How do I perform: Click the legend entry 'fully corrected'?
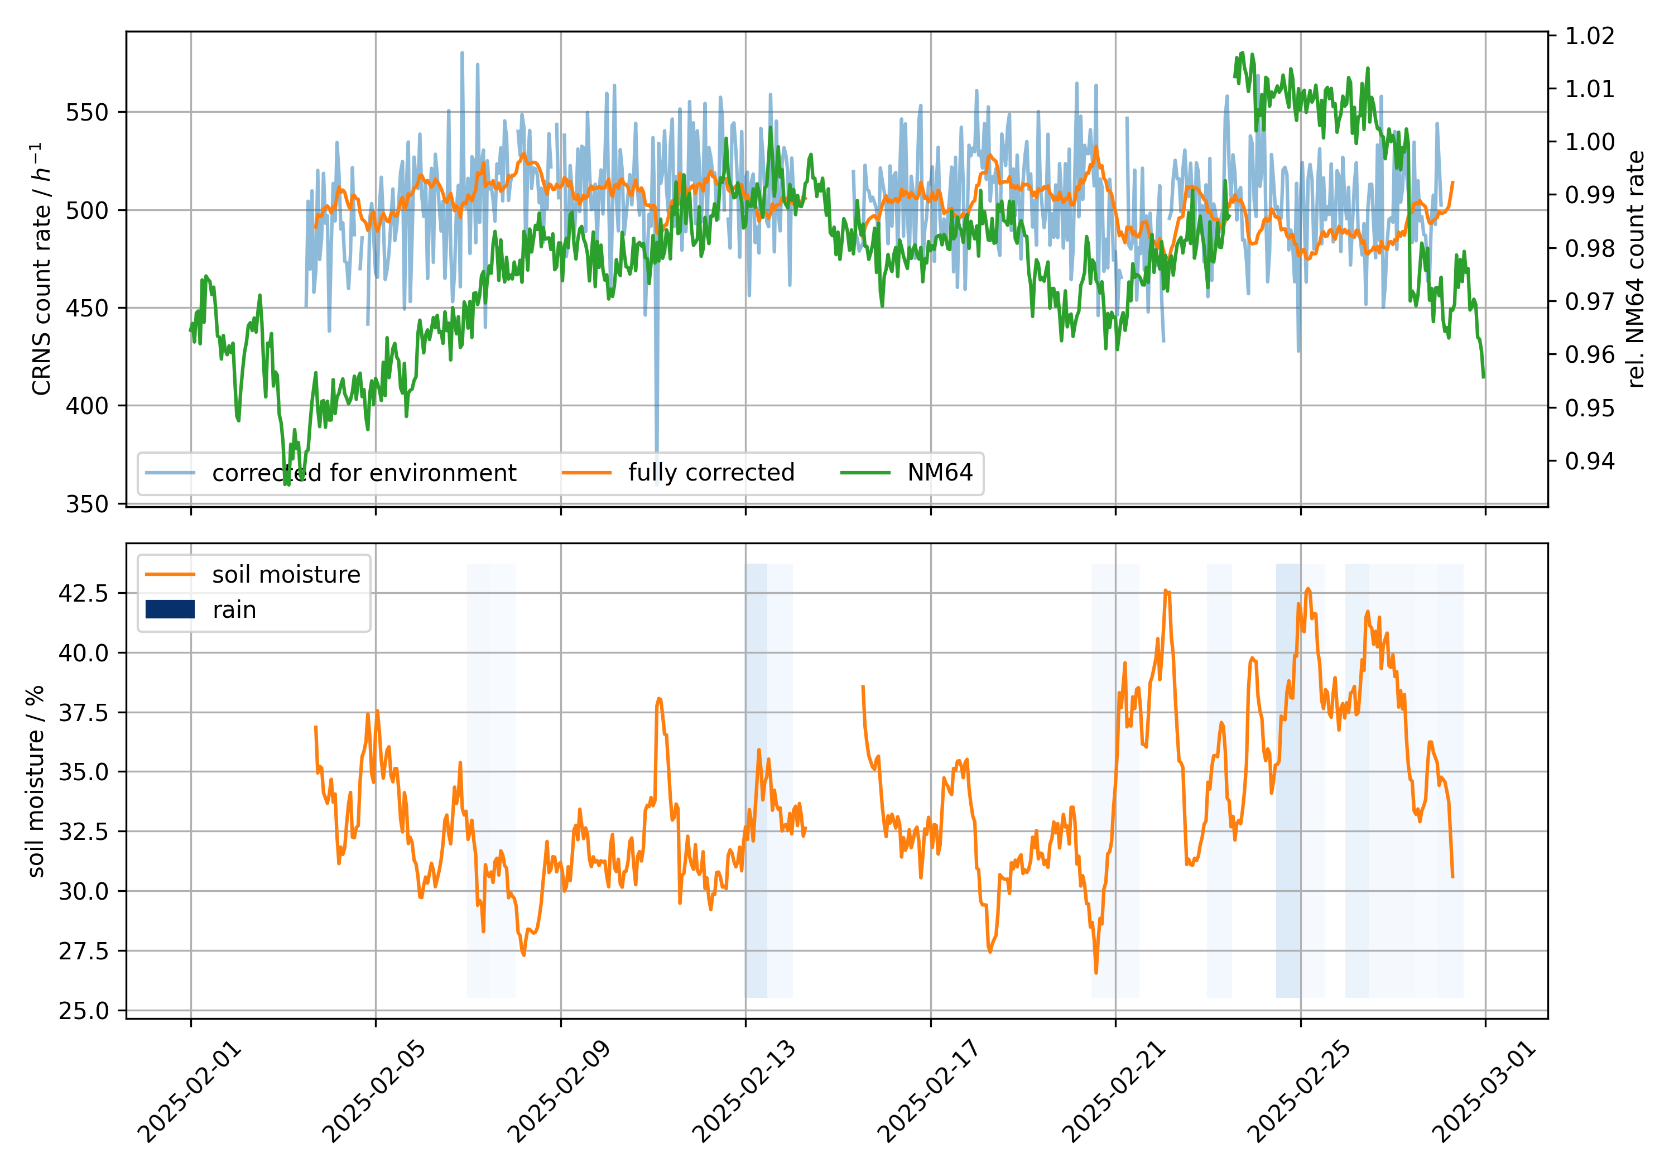(711, 473)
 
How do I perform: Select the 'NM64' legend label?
(939, 473)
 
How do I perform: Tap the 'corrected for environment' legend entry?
(364, 473)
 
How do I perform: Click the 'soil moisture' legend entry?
(286, 575)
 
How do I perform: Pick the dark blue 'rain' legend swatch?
(170, 609)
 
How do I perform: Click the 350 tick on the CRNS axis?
(86, 504)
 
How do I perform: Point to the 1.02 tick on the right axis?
(1589, 35)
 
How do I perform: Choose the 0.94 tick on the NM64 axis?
(1589, 461)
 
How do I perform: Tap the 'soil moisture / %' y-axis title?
(35, 781)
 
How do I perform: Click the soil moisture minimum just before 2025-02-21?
(1096, 972)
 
